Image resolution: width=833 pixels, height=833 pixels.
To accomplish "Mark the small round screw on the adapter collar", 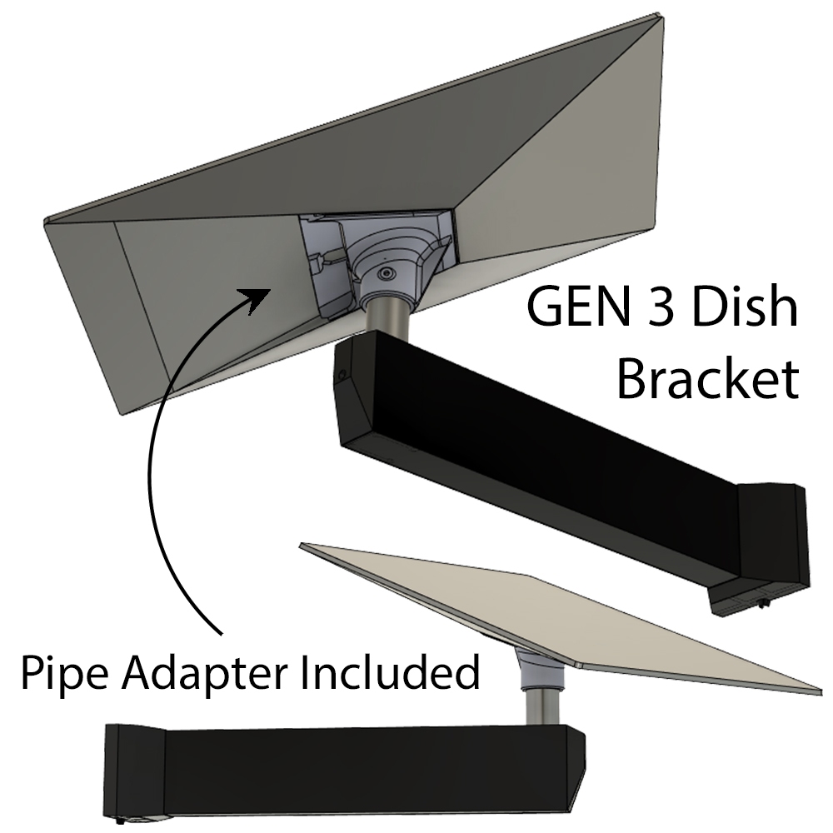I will (x=383, y=273).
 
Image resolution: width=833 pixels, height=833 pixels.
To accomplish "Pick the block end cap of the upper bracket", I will (x=775, y=533).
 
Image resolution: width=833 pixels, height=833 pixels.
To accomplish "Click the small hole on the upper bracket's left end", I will (x=340, y=377).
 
